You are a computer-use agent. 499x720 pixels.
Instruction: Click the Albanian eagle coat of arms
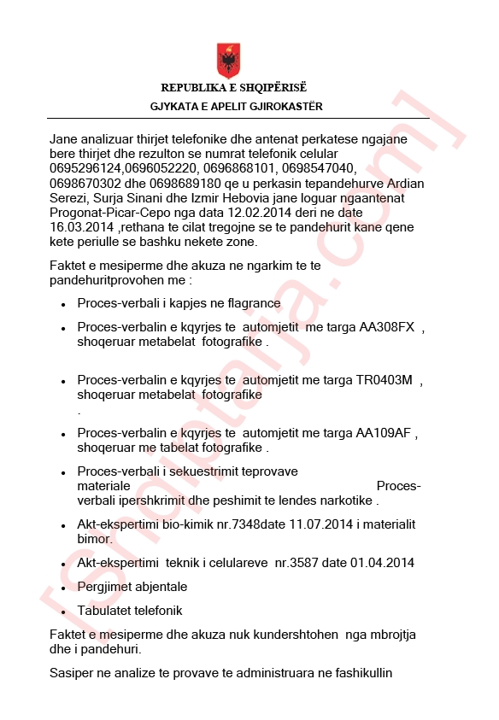pos(228,60)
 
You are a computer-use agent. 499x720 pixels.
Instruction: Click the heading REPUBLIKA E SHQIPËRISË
pos(233,88)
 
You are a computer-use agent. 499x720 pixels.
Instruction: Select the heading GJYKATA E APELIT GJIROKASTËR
pos(236,107)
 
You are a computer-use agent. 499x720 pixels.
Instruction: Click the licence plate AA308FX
pos(386,327)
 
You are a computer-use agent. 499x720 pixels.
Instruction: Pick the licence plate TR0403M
pos(385,381)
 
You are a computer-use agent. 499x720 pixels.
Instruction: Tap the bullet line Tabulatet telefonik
pos(130,611)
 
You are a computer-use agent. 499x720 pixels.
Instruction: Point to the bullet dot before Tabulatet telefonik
pos(64,612)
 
